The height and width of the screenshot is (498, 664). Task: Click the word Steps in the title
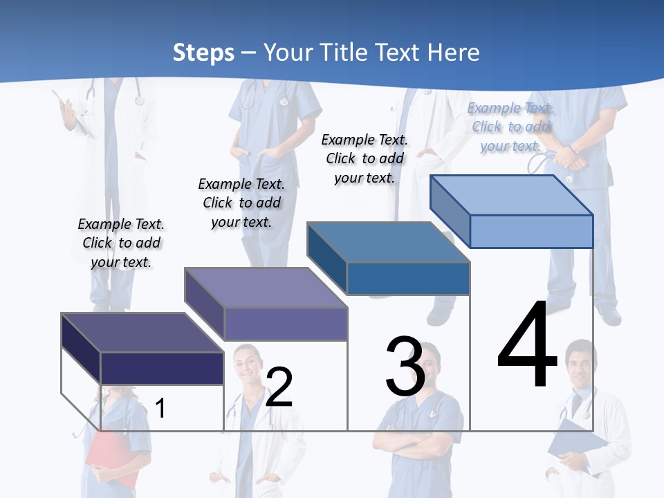point(203,53)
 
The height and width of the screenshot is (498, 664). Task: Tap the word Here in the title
point(453,53)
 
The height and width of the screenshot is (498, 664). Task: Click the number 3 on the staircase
point(405,367)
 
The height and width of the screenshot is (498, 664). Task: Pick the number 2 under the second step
point(279,387)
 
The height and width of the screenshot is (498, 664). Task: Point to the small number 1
point(160,408)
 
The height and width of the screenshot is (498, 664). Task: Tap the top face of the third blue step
point(388,242)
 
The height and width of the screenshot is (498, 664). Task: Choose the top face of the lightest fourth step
point(511,194)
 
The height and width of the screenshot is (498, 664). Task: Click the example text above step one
point(121,243)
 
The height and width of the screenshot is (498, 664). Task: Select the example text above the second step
point(241,203)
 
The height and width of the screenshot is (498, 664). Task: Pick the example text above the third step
point(365,158)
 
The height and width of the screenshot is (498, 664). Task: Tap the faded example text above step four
point(510,127)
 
